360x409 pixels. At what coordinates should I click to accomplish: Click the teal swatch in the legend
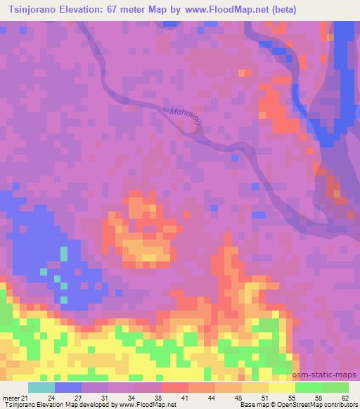click(x=41, y=387)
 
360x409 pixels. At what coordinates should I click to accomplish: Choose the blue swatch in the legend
click(x=68, y=387)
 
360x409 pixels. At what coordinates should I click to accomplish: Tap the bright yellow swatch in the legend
click(x=281, y=387)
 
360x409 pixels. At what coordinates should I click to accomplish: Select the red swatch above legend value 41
click(x=175, y=387)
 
